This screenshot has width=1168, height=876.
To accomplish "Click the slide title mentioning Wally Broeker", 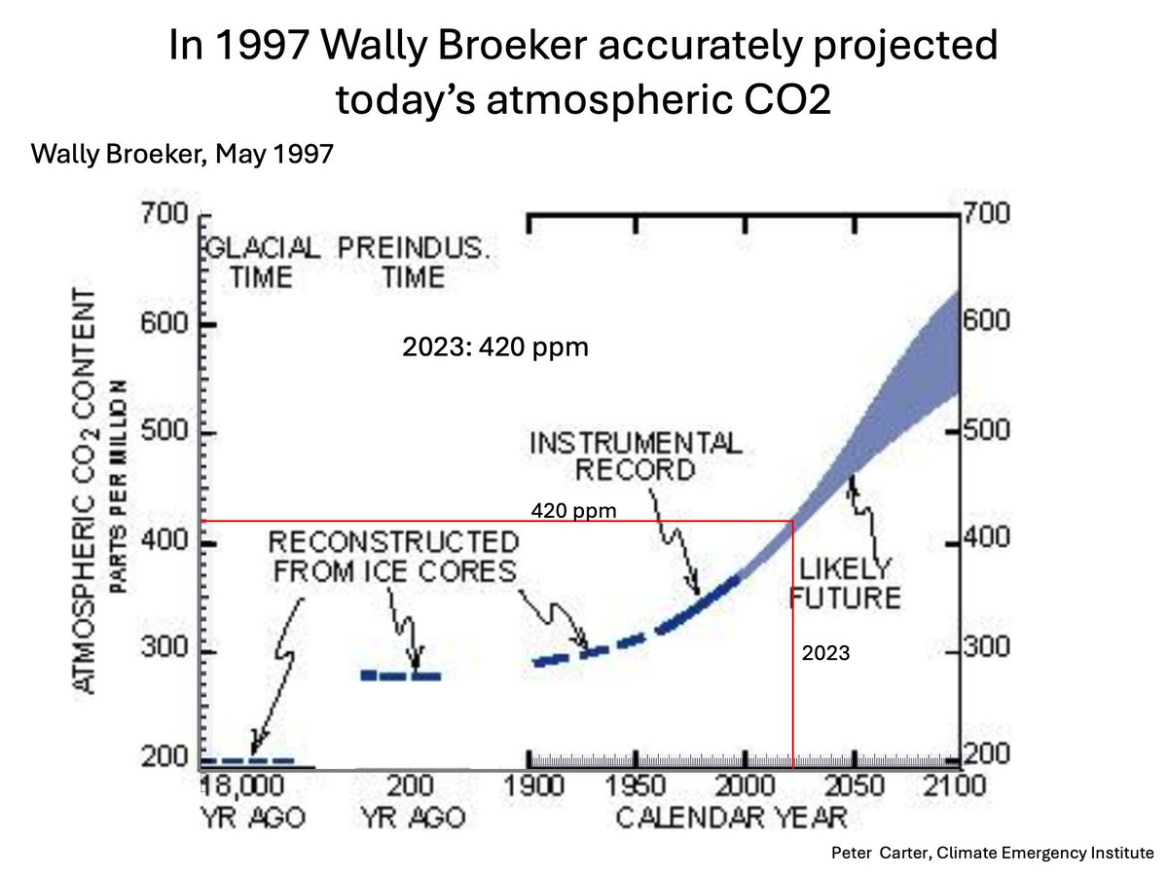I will point(584,73).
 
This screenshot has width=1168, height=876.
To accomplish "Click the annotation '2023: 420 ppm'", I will point(495,347).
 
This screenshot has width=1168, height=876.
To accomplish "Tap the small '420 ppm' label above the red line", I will point(574,509).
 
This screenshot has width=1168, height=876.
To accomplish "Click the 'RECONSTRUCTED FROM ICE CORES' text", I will point(391,557).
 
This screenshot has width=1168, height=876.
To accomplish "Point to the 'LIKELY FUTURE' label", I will point(845,581).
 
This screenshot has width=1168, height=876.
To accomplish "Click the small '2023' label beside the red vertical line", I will point(825,655).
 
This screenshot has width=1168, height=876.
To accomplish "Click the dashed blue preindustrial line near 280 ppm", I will point(401,675).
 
